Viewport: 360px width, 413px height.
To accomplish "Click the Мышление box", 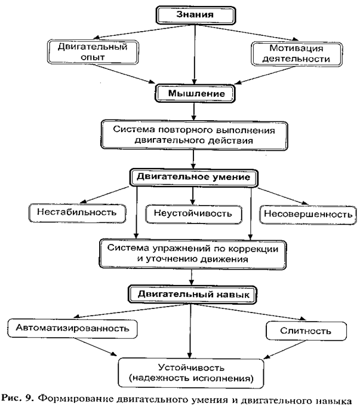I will (x=195, y=94).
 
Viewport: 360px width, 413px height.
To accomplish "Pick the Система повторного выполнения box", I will (x=195, y=134).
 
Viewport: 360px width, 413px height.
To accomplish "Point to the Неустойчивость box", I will (x=195, y=213).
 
